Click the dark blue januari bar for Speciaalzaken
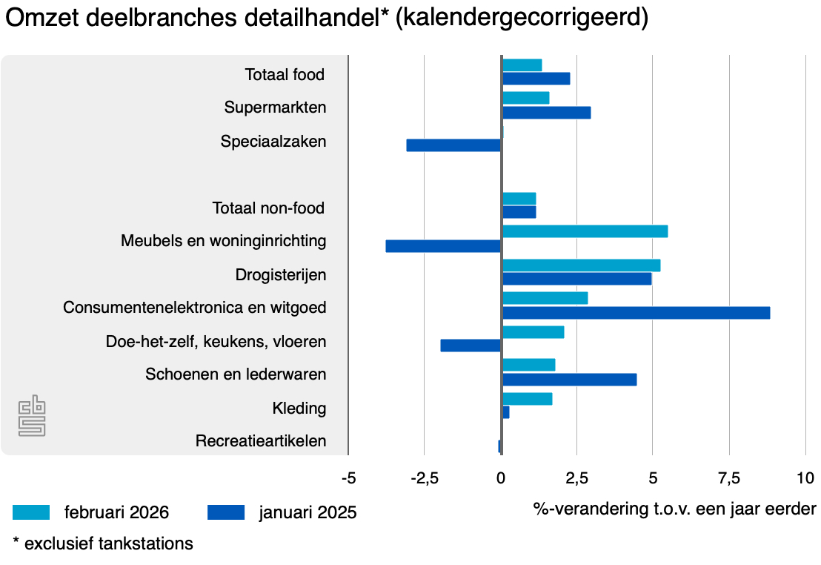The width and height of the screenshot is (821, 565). (453, 145)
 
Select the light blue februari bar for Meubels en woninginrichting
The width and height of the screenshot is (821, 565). (585, 231)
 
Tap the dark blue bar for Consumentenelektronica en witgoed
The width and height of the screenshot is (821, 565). (636, 313)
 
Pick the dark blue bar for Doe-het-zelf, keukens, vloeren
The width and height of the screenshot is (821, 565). (471, 346)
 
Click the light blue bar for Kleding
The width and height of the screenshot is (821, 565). (527, 399)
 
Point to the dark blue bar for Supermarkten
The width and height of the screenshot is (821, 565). (546, 113)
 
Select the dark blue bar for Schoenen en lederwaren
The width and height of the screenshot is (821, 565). (569, 380)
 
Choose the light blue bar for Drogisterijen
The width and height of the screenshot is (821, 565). (581, 265)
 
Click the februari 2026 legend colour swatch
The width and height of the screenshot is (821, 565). (31, 512)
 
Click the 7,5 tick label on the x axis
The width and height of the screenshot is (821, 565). (729, 478)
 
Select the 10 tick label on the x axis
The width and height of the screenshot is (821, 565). (805, 478)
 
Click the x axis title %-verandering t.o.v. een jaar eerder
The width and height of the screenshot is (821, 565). (674, 509)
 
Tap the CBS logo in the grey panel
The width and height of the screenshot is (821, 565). (32, 415)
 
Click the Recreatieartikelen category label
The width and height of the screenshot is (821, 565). (261, 441)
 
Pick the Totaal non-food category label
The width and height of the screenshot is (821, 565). (268, 208)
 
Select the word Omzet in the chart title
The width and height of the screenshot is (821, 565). (40, 19)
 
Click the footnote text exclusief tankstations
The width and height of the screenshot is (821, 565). (108, 543)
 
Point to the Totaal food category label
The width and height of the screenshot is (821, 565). (285, 75)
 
